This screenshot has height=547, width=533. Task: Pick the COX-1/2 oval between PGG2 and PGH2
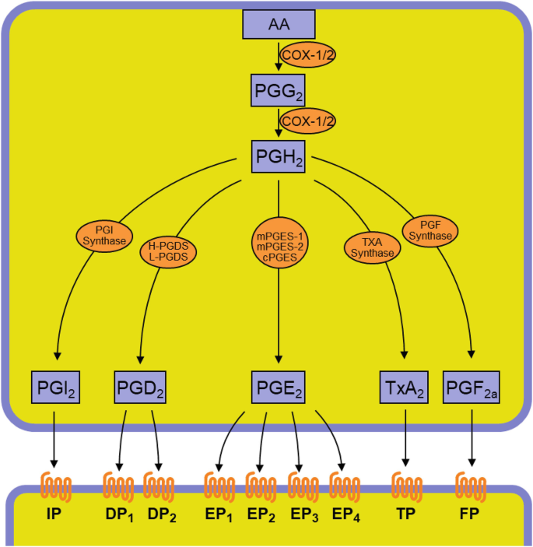pos(307,121)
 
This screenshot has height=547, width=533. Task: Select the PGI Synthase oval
pos(104,234)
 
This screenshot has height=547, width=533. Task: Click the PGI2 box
pos(54,386)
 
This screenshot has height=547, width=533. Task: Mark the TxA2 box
pos(403,386)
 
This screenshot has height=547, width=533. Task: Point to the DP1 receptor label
pos(117,517)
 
